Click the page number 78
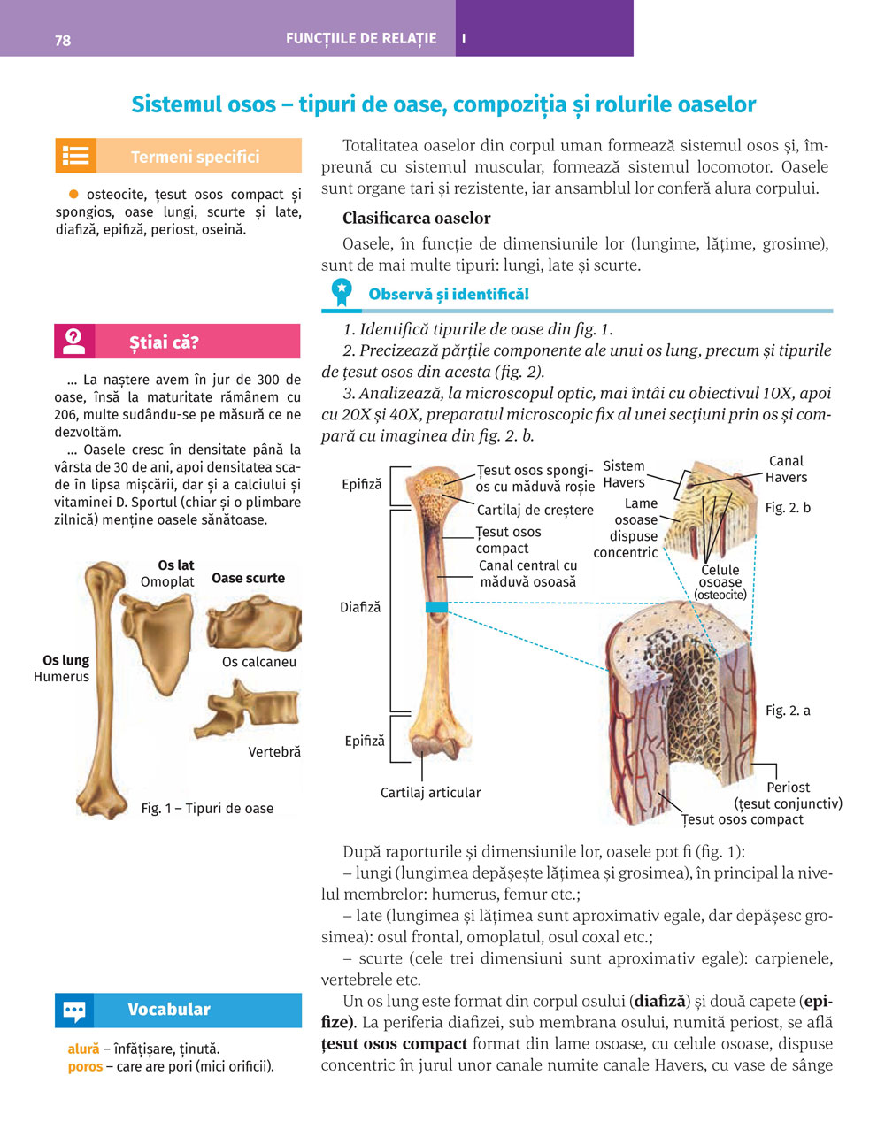(63, 41)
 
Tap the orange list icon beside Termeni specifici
(75, 156)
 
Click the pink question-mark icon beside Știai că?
(74, 342)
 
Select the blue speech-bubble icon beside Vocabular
(74, 1010)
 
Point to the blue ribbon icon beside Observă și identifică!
(341, 292)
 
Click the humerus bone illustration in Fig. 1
(102, 690)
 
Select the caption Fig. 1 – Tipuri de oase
(207, 808)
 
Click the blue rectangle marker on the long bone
(436, 607)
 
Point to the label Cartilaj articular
(430, 793)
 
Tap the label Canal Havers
(786, 469)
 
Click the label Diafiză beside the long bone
(360, 607)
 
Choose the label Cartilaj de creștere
(535, 510)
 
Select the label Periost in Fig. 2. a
(788, 787)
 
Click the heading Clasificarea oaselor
(416, 218)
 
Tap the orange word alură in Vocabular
(83, 1049)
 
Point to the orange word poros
(85, 1066)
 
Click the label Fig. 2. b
(788, 508)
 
